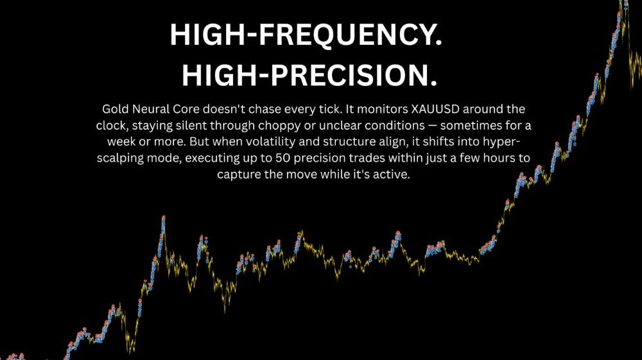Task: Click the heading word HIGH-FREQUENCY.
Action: (306, 35)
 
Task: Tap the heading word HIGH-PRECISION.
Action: (309, 75)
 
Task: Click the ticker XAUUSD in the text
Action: (435, 109)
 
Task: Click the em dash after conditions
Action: (432, 126)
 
